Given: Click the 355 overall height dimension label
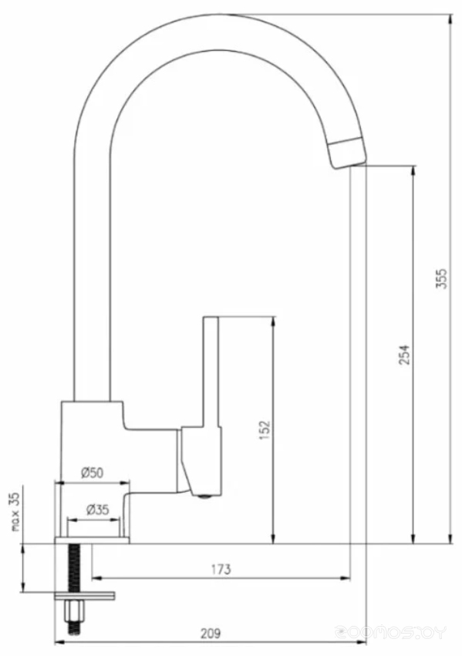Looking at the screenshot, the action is coord(442,278).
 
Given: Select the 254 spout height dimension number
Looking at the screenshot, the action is coord(403,355).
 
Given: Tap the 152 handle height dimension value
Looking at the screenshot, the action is coord(265,429).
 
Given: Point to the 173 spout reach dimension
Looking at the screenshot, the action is coord(221,569).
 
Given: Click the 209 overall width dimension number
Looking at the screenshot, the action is coord(210,634).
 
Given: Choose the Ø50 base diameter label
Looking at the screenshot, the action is coord(92,473).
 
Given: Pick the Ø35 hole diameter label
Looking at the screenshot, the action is coord(97,510).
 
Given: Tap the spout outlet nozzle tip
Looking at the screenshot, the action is coord(346,153).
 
